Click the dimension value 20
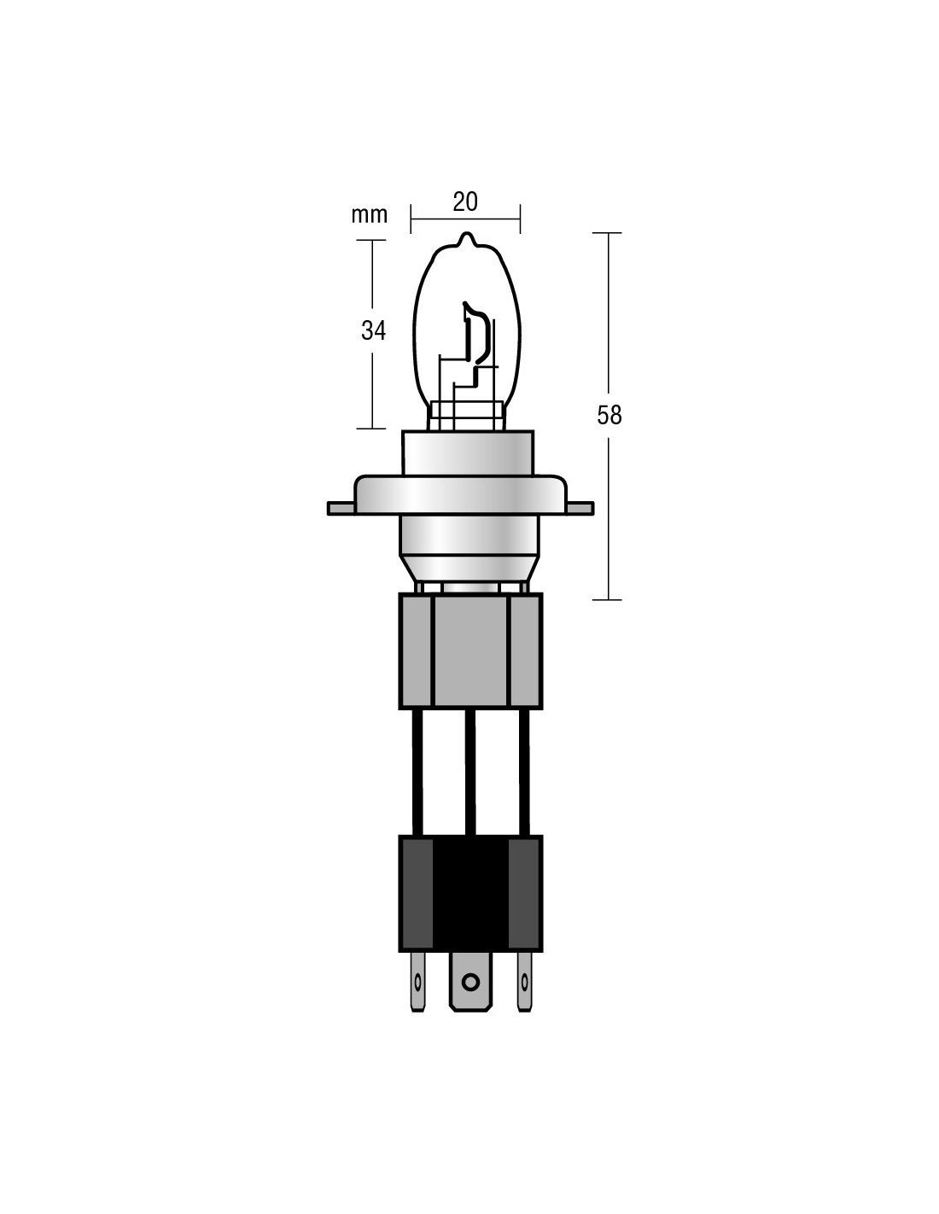[x=464, y=201]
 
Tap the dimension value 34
[x=373, y=330]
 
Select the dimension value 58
[x=609, y=415]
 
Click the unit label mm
[x=370, y=215]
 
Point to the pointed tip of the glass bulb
[x=466, y=234]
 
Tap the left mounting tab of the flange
[x=341, y=508]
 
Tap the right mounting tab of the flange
[x=580, y=508]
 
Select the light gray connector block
[x=470, y=651]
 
